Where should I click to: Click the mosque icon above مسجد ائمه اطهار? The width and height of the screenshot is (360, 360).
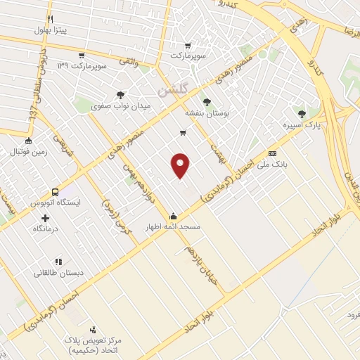click(173, 216)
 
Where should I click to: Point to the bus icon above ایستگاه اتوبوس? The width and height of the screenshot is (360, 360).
click(55, 192)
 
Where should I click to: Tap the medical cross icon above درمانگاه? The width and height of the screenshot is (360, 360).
click(45, 218)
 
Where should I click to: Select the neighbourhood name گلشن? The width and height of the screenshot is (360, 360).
click(172, 91)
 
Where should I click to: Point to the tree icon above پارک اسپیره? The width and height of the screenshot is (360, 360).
click(302, 113)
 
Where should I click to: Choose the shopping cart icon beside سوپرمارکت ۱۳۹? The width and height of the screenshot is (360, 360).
click(82, 56)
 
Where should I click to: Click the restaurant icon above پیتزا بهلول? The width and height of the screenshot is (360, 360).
click(49, 18)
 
